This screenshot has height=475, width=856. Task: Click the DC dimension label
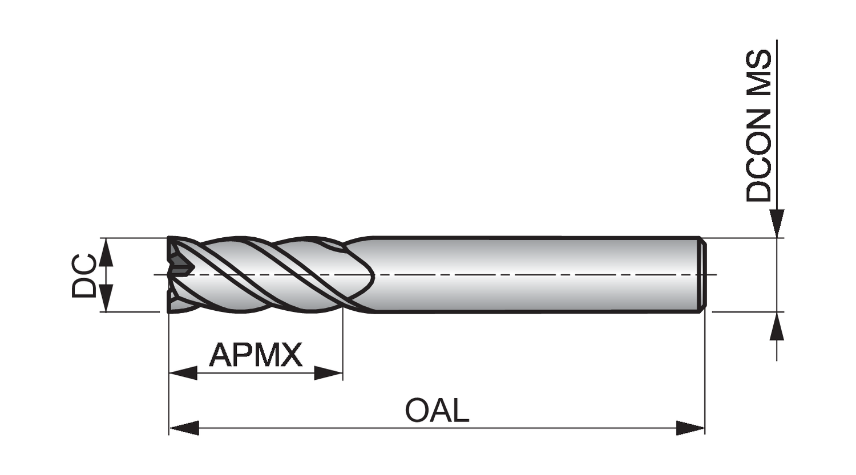pyautogui.click(x=84, y=275)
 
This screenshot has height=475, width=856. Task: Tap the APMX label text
pyautogui.click(x=255, y=355)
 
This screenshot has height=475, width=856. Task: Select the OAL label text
pyautogui.click(x=437, y=411)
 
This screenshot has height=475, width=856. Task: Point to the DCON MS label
pyautogui.click(x=759, y=126)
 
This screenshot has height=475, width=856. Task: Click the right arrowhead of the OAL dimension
pyautogui.click(x=691, y=428)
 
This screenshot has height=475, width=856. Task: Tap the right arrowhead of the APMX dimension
pyautogui.click(x=328, y=374)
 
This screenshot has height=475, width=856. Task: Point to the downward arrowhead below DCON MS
pyautogui.click(x=777, y=223)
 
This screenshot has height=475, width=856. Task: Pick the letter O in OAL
pyautogui.click(x=417, y=411)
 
